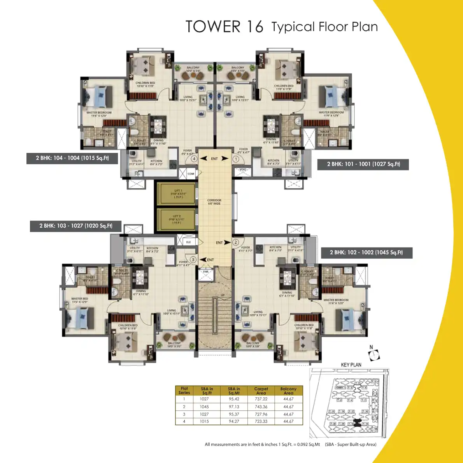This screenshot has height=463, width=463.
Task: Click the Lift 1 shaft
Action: pos(175,193)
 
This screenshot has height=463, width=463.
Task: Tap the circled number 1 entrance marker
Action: pos(236,159)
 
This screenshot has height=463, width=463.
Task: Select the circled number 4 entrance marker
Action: pos(193,159)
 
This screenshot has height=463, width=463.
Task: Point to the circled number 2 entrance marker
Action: pos(236,242)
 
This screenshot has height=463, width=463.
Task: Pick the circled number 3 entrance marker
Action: pos(193,260)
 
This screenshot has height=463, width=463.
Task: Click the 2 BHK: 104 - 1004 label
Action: pos(72,158)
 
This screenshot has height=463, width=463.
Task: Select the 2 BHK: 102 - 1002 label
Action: pos(366,253)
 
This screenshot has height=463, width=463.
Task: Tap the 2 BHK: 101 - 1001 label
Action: pos(363,164)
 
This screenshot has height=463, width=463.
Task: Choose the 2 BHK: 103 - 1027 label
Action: pos(76,226)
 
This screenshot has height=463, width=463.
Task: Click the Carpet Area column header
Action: pos(261,391)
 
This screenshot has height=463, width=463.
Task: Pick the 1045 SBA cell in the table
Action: pos(204,407)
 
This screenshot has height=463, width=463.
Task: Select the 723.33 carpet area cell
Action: pos(261,421)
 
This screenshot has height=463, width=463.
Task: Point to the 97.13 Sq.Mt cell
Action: pos(234,407)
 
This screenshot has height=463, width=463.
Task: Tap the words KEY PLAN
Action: pos(351,365)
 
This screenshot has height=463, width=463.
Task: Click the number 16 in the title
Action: pos(254,27)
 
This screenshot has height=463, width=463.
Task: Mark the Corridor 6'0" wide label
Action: pos(214,202)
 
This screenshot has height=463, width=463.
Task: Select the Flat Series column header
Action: pos(184,391)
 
